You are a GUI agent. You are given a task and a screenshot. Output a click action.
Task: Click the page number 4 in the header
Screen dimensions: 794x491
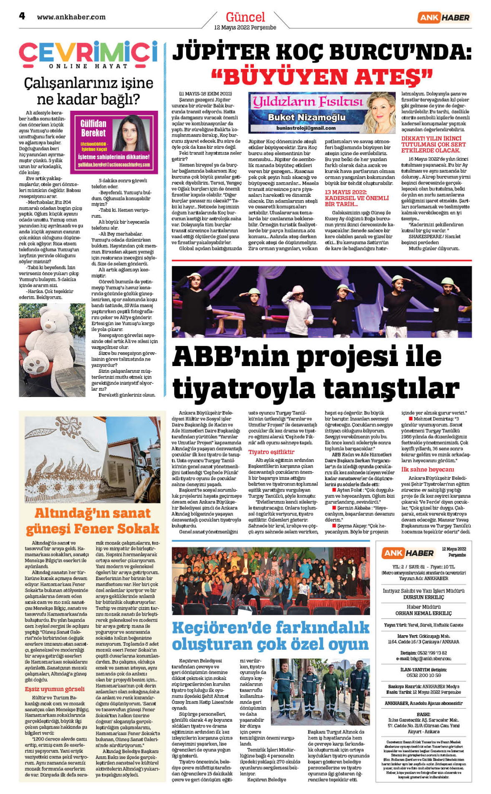pyautogui.click(x=22, y=16)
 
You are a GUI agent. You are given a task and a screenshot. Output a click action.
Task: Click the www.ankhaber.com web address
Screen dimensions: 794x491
pyautogui.click(x=71, y=17)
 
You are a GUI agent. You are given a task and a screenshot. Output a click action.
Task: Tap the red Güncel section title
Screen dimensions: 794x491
pyautogui.click(x=245, y=17)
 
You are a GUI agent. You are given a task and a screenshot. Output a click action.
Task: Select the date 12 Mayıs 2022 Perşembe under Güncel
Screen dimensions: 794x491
pyautogui.click(x=245, y=28)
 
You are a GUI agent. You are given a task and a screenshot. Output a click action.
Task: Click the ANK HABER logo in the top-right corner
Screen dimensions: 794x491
pyautogui.click(x=444, y=18)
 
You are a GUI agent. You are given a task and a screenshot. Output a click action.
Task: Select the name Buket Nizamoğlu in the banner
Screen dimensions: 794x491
pyautogui.click(x=306, y=117)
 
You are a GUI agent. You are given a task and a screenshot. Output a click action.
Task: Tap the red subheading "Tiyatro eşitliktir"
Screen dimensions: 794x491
pyautogui.click(x=271, y=452)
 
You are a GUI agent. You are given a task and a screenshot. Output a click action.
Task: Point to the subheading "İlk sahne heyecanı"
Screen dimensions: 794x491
pyautogui.click(x=428, y=469)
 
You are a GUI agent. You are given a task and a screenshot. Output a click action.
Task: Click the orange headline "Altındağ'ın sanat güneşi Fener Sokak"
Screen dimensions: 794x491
pyautogui.click(x=92, y=521)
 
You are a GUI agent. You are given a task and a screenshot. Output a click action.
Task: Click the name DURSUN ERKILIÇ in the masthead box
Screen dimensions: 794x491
pyautogui.click(x=423, y=597)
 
